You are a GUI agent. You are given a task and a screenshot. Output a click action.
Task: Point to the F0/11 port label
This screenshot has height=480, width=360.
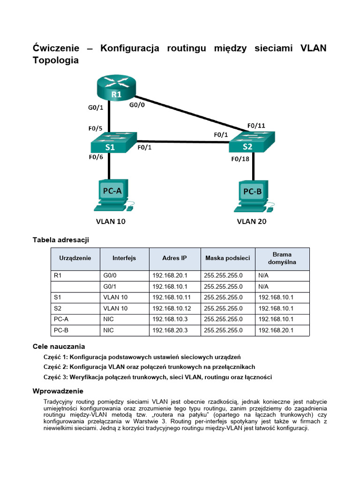click(x=256, y=126)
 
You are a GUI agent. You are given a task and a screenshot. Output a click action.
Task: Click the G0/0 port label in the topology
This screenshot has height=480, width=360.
click(x=137, y=105)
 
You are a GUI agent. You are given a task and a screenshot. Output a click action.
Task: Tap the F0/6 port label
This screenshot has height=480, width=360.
click(x=97, y=157)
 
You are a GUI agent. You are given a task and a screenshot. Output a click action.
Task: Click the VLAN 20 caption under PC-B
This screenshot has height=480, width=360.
click(x=252, y=221)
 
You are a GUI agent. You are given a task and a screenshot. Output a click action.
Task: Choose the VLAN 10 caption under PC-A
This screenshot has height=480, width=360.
click(x=111, y=221)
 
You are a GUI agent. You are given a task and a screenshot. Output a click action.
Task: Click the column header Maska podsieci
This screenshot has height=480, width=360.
click(x=227, y=258)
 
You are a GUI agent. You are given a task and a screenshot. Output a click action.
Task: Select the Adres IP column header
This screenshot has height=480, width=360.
click(x=174, y=258)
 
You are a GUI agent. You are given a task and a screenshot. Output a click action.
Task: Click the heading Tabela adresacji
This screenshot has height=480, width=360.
click(x=60, y=240)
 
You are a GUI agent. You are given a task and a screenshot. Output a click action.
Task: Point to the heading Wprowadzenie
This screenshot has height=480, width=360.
click(x=58, y=391)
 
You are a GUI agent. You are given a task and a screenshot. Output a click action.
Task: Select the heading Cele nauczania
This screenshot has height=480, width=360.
click(x=59, y=347)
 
